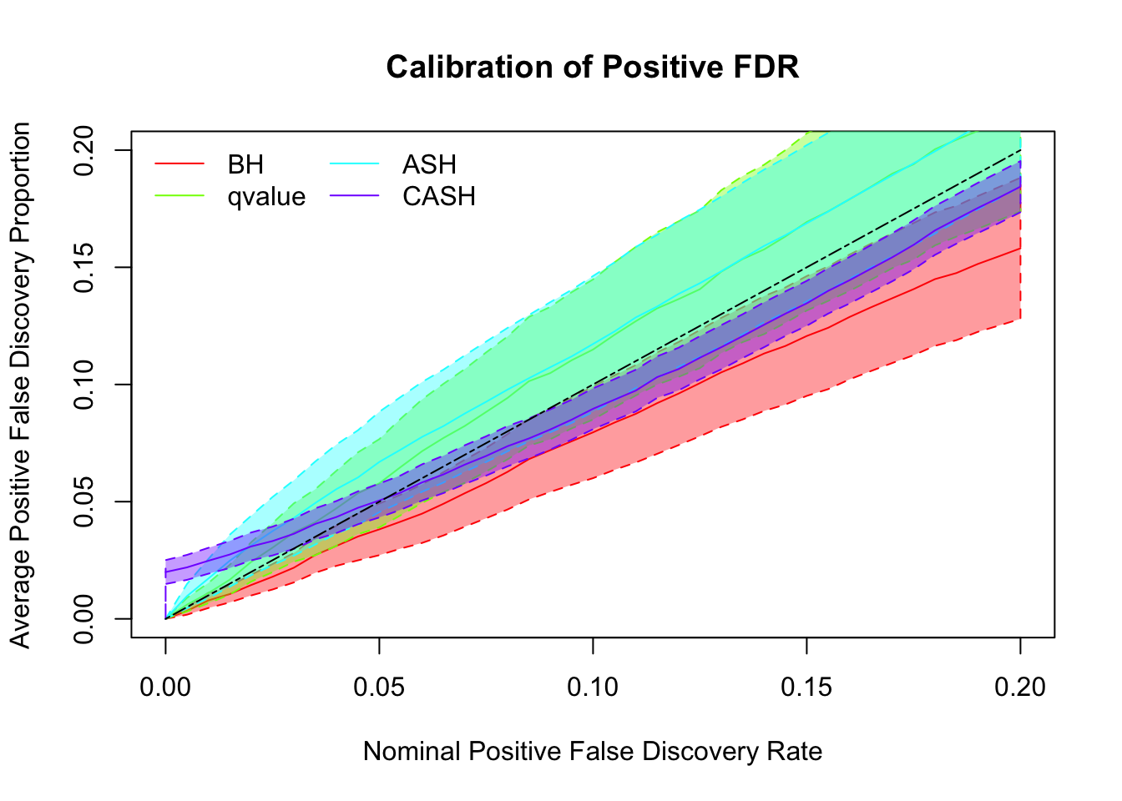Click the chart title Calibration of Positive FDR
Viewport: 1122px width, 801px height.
point(593,67)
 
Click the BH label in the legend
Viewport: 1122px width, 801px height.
point(245,164)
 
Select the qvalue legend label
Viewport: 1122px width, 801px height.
point(266,197)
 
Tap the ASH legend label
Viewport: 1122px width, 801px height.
point(429,164)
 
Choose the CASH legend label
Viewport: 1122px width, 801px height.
point(439,197)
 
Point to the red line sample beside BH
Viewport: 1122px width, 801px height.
point(179,164)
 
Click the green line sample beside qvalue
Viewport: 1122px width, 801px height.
point(179,197)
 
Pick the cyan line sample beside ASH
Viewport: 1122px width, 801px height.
point(355,164)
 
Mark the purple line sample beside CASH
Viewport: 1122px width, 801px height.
point(355,197)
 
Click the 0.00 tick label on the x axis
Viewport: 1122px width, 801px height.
point(165,687)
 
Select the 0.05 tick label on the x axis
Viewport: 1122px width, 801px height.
point(379,687)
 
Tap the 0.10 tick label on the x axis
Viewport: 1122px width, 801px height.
point(593,687)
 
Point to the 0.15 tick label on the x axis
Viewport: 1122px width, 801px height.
point(806,687)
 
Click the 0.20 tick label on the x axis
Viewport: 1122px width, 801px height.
point(1020,687)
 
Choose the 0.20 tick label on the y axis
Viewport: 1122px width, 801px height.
point(84,150)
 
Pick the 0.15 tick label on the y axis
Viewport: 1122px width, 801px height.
point(84,267)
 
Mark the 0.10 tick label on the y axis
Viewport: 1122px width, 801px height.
point(84,385)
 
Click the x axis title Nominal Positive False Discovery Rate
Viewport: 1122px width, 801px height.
point(593,752)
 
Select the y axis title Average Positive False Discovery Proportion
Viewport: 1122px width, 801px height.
point(21,385)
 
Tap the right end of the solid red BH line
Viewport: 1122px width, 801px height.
point(1019,249)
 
